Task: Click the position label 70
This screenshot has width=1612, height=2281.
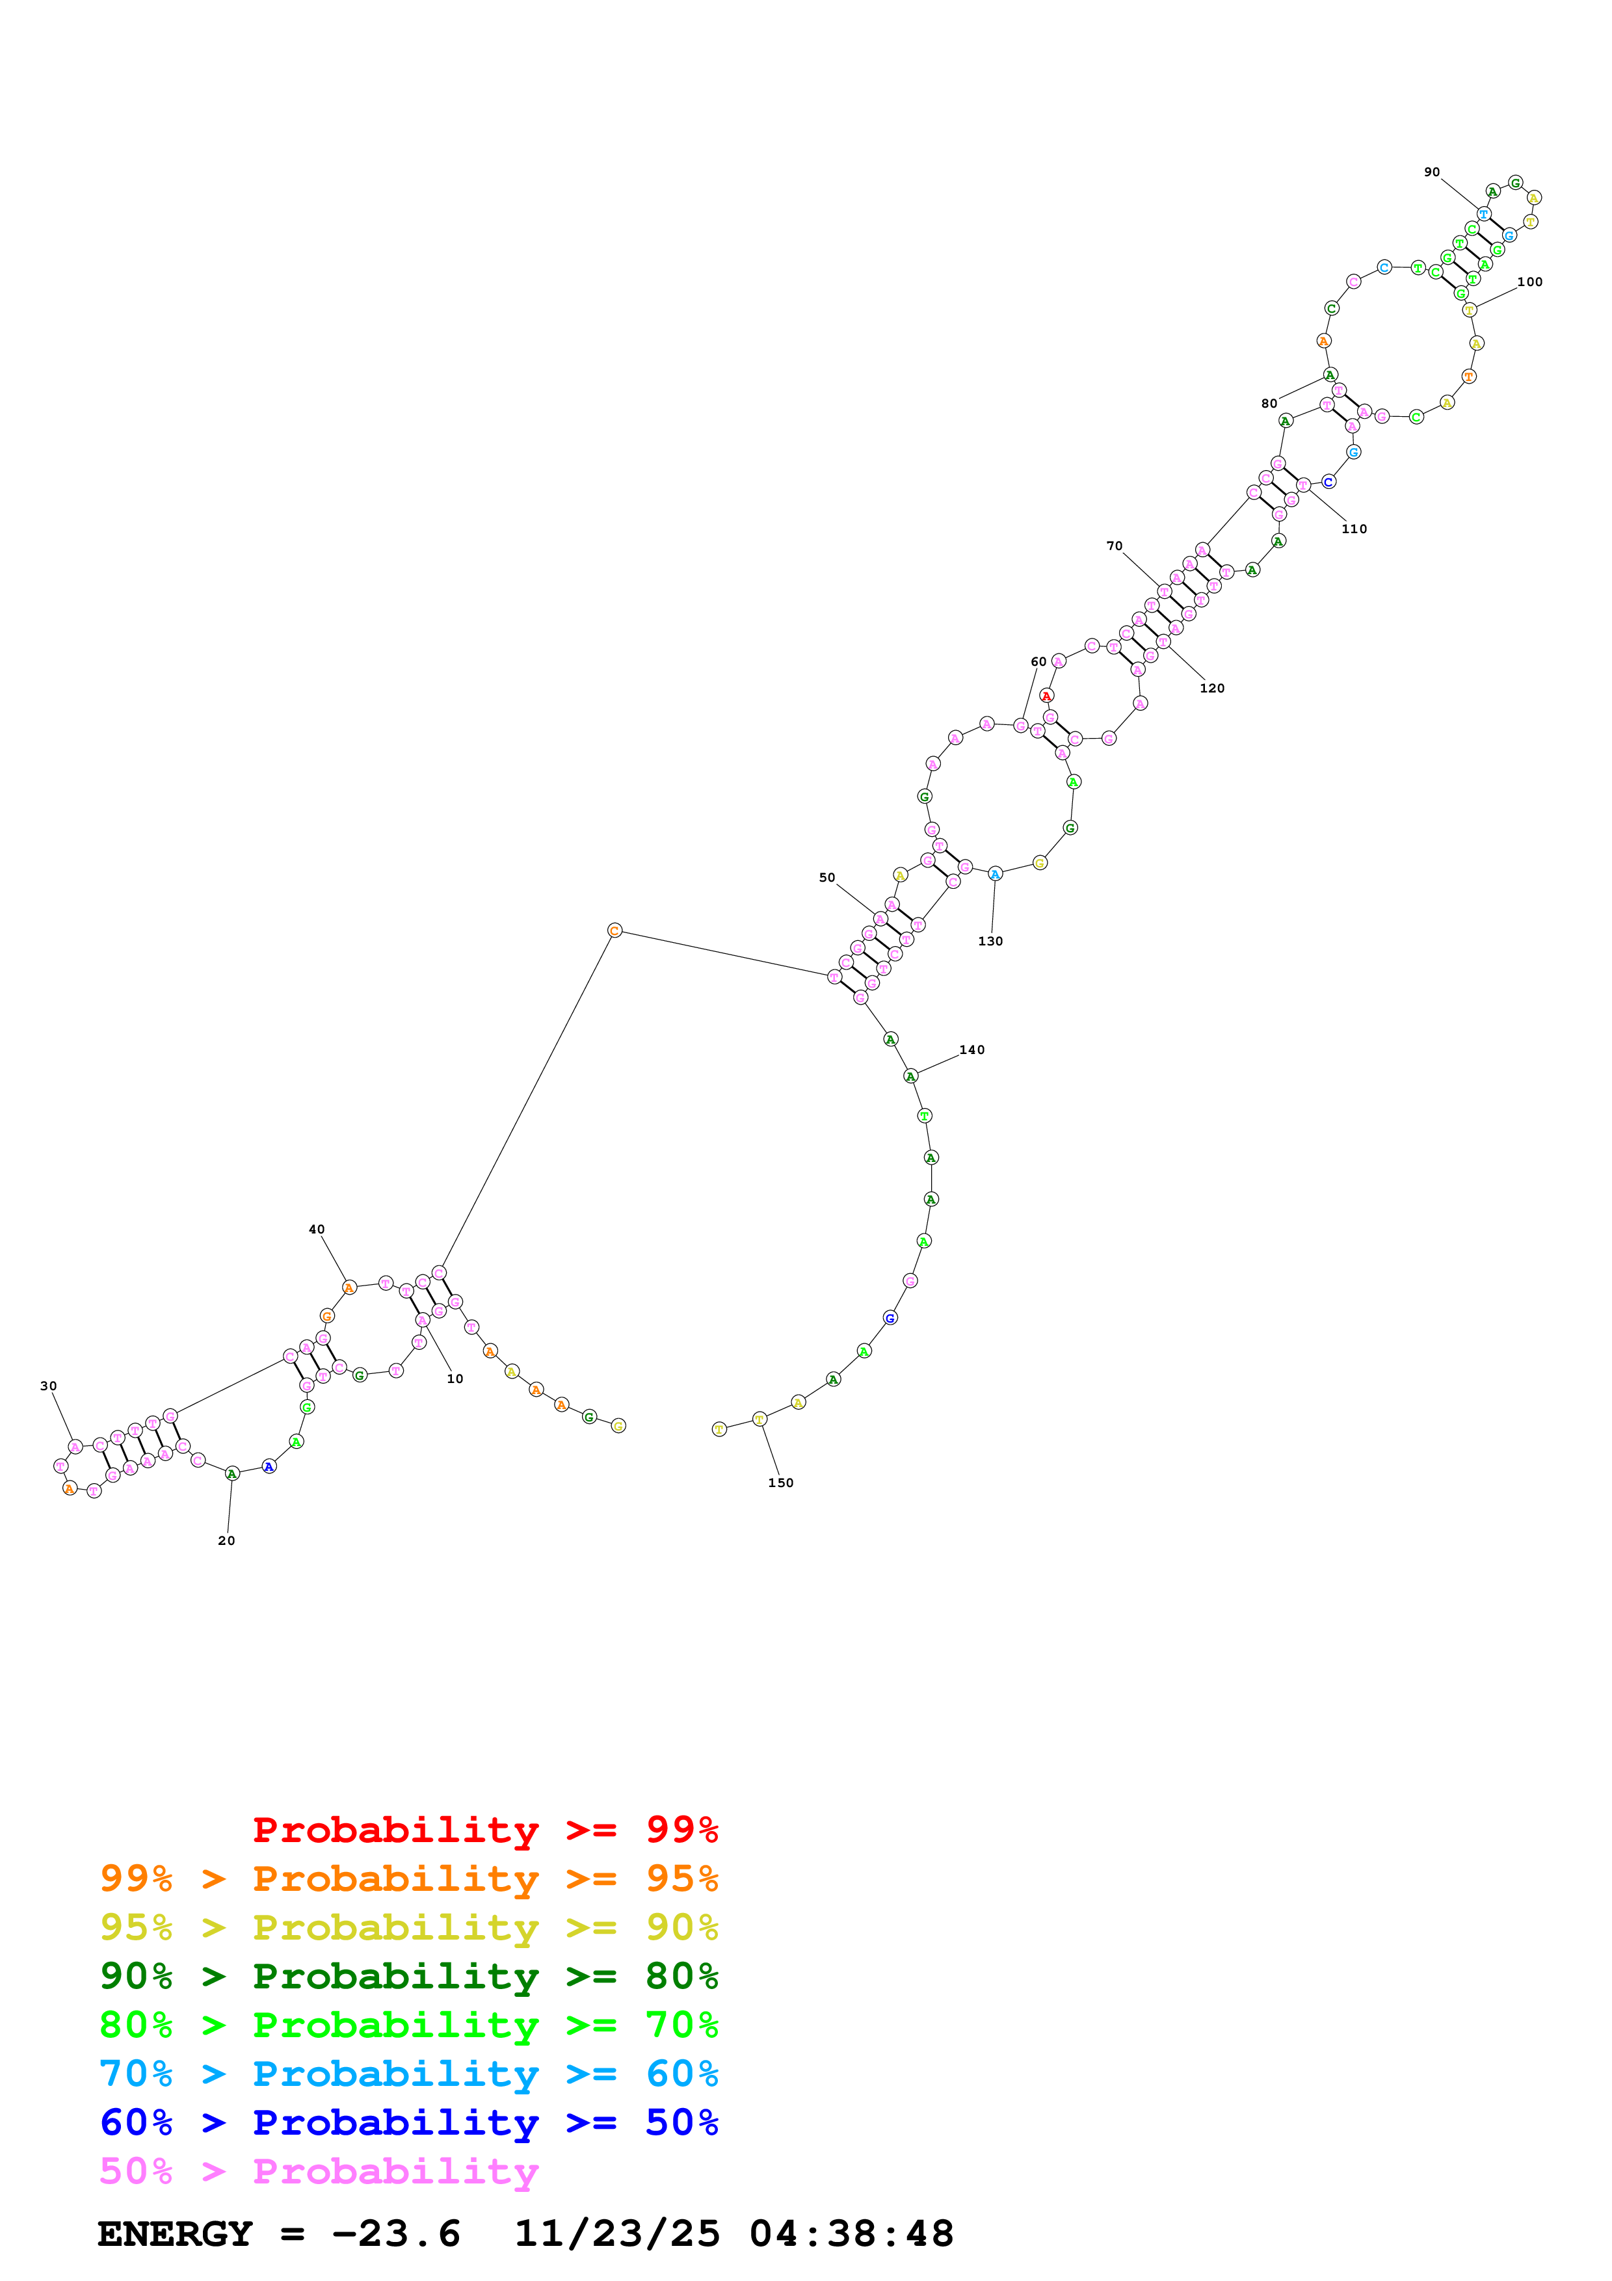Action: (x=1115, y=546)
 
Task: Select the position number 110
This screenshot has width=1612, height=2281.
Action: (x=1354, y=529)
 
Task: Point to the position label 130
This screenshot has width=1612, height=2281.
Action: (x=990, y=941)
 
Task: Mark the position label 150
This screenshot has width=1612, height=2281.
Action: (x=781, y=1483)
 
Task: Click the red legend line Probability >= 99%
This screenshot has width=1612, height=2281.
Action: (x=484, y=1829)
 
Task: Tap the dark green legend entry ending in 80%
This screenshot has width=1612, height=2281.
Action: (x=408, y=1976)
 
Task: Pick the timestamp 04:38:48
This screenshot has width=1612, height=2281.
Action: (x=851, y=2234)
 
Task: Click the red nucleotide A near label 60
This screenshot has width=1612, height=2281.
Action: (x=1046, y=696)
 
